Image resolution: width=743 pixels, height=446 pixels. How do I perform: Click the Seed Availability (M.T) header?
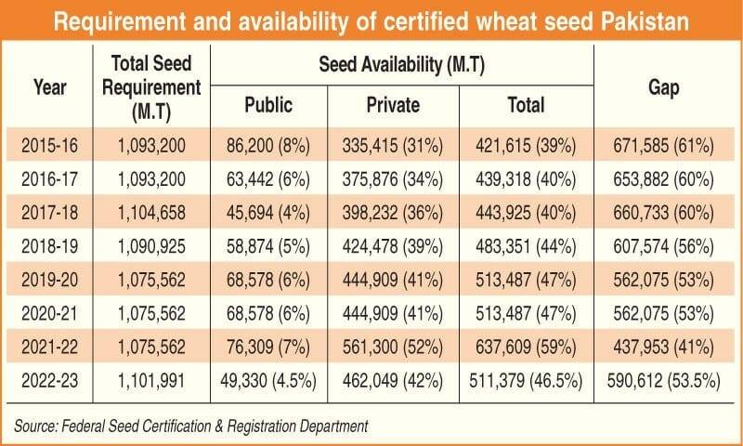[x=400, y=63]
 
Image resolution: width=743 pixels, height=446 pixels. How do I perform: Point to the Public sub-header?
[x=268, y=104]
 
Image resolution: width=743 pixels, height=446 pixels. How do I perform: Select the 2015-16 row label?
[x=49, y=144]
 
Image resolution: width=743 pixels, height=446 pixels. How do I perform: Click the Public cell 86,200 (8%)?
[x=269, y=144]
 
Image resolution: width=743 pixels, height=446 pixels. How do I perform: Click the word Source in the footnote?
[x=35, y=426]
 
